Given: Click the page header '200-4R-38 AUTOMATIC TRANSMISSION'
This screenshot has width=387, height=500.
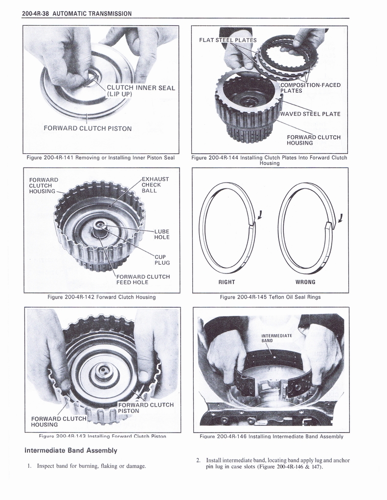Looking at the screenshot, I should [77, 13].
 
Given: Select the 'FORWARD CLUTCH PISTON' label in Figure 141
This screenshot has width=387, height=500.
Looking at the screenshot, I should [87, 128].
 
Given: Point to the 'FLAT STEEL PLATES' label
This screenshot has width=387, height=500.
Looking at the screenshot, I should [228, 40].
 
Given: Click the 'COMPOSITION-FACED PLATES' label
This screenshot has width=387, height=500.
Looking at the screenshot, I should [310, 88].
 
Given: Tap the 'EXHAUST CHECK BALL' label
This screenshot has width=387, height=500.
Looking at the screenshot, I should [155, 185].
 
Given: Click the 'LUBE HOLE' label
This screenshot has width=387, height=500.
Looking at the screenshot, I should [161, 234].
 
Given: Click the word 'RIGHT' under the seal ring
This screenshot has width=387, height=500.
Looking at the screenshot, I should [227, 282].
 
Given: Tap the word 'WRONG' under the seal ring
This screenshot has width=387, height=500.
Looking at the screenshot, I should [305, 282].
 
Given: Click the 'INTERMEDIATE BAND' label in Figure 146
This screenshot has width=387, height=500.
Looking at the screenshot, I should [276, 338].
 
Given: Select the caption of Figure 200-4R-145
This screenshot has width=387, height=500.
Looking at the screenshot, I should [270, 297].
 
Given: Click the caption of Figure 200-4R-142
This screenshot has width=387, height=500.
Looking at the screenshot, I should [101, 297].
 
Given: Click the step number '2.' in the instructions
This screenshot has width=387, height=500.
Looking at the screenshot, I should [198, 460].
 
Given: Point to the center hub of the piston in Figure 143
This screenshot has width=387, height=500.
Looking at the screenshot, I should [104, 371].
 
